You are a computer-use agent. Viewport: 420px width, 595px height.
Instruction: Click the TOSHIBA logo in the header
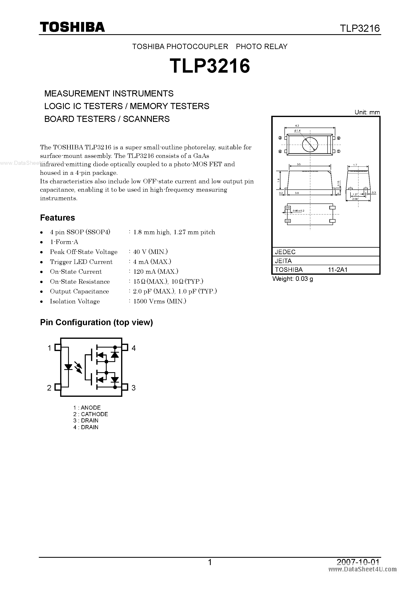(72, 27)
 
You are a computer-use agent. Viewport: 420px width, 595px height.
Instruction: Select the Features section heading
(58, 218)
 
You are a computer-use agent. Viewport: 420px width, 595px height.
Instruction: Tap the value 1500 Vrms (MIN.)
(160, 301)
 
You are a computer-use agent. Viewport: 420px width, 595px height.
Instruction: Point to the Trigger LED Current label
(81, 262)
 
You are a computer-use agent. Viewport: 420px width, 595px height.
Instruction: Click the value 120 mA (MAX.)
(155, 272)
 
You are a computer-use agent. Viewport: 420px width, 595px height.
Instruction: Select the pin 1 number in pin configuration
(49, 348)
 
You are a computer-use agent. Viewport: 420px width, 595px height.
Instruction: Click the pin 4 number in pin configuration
(133, 348)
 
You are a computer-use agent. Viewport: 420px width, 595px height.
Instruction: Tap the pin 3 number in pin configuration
(133, 388)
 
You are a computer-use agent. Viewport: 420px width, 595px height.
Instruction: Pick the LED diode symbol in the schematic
(68, 367)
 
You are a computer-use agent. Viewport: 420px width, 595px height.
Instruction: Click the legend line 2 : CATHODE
(91, 414)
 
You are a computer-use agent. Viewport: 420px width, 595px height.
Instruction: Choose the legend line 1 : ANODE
(87, 408)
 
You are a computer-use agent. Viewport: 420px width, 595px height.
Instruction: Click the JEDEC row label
(285, 252)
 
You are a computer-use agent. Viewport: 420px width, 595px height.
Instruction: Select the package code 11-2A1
(338, 269)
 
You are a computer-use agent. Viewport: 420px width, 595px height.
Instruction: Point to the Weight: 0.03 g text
(293, 279)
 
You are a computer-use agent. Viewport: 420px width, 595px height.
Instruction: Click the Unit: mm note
(367, 112)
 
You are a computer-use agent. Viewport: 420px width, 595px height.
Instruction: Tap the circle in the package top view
(310, 144)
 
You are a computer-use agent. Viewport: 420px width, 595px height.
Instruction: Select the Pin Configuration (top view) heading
(97, 322)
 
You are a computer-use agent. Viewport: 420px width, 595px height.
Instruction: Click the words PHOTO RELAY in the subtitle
(262, 46)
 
